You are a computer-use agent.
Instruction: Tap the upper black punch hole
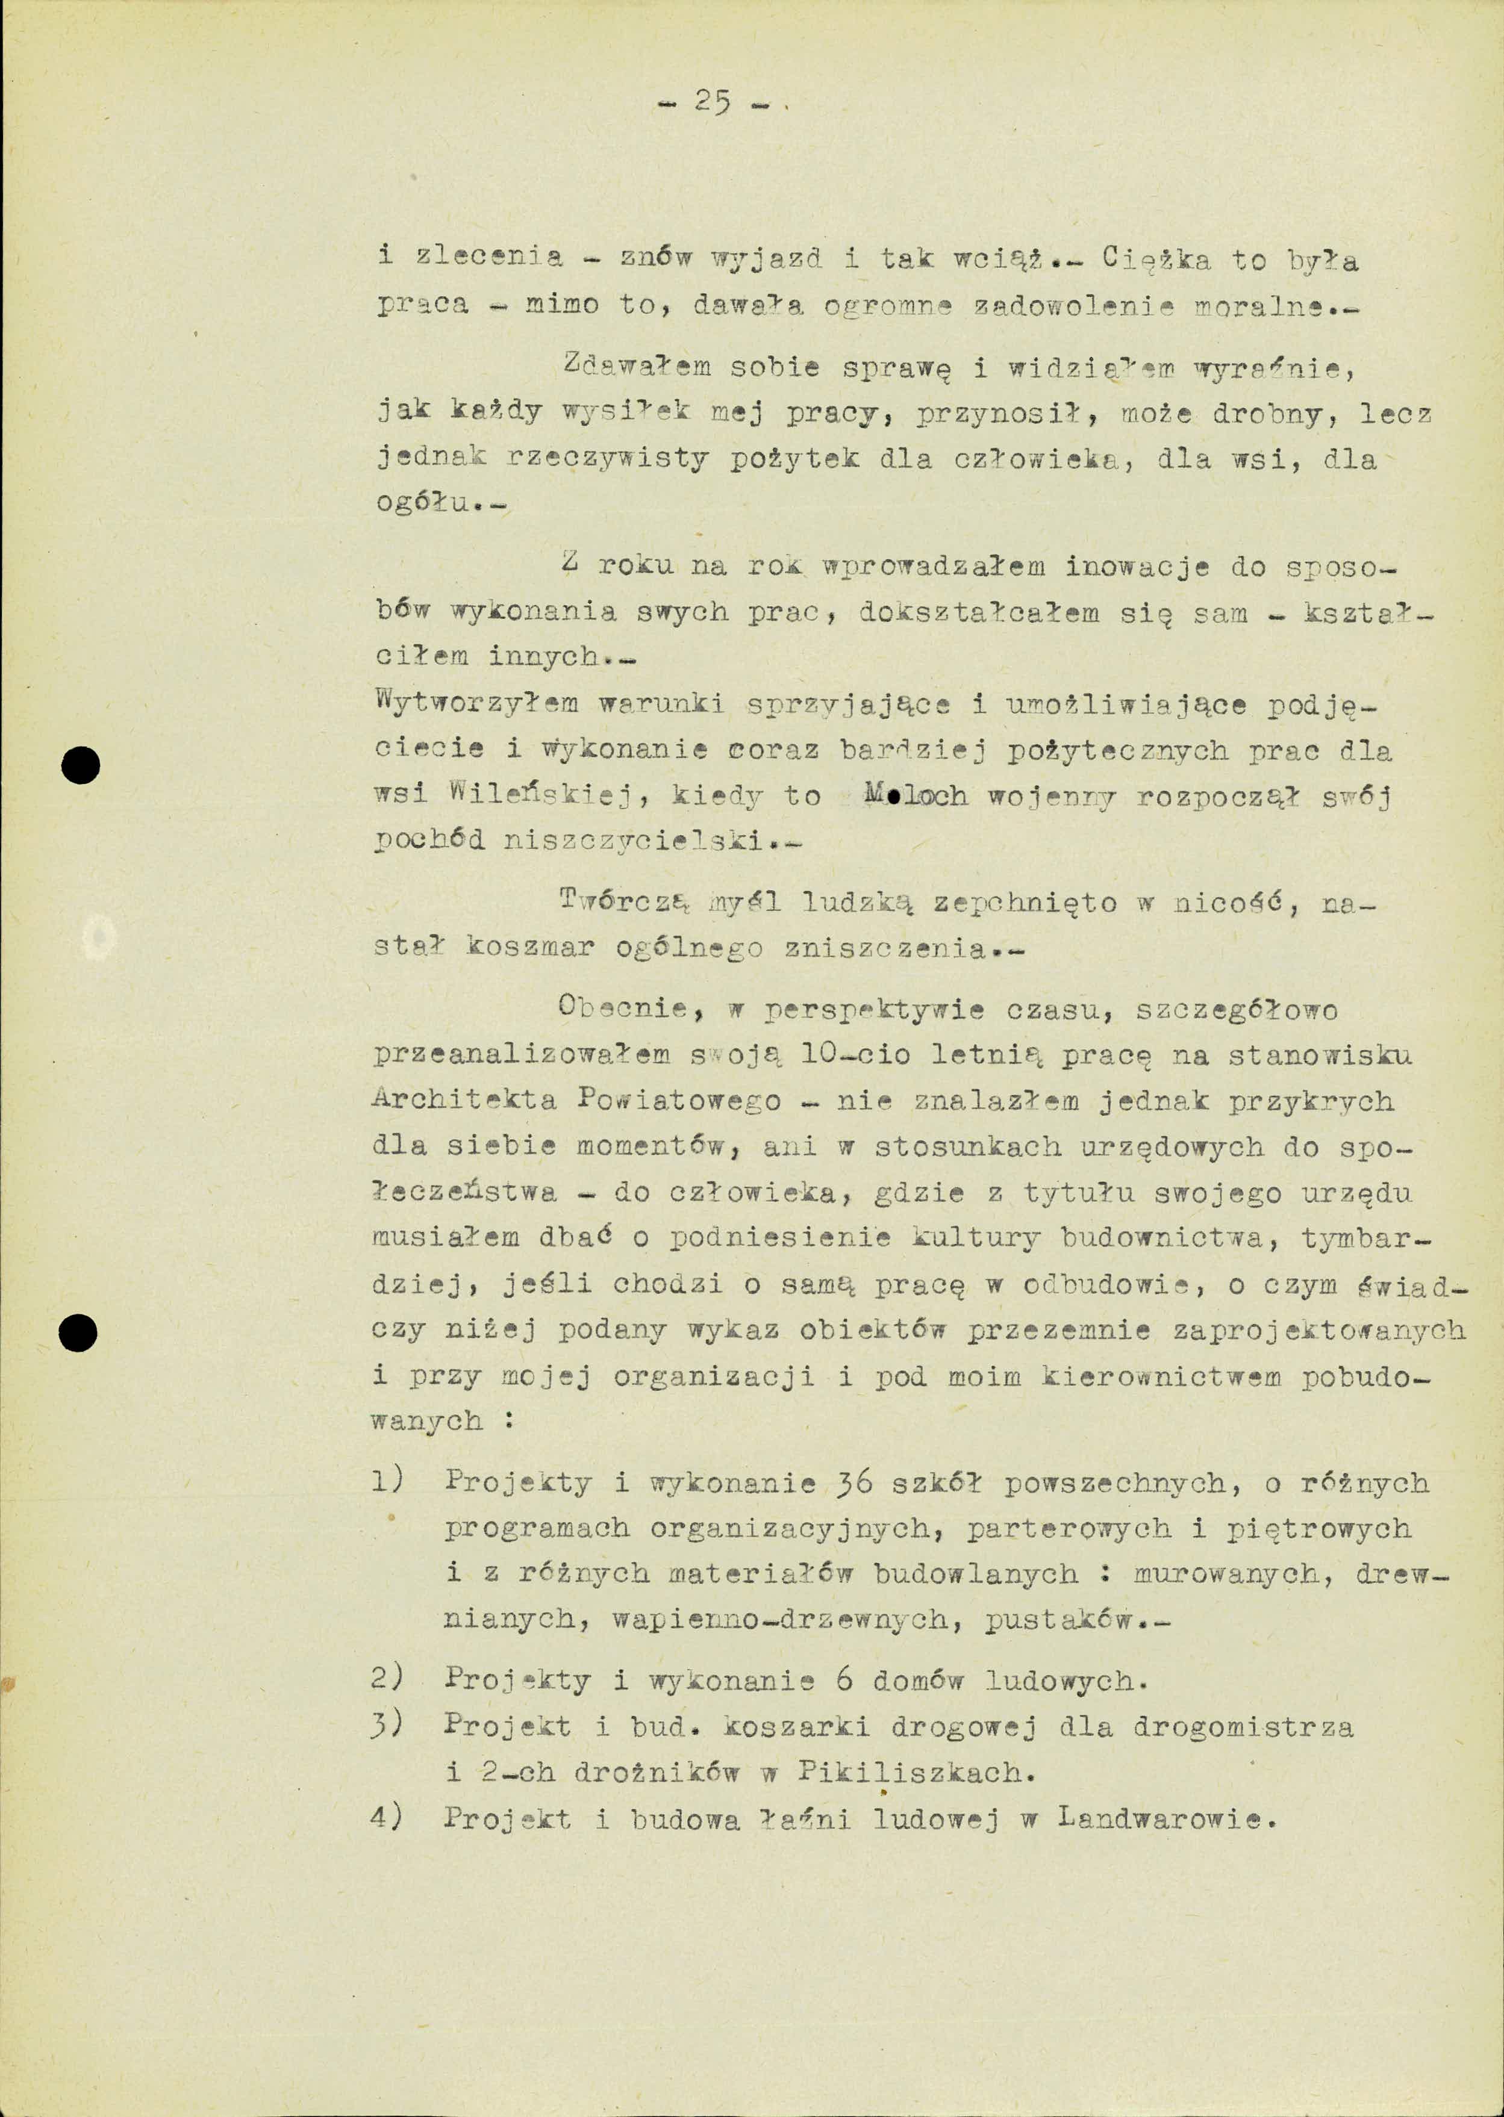[x=81, y=765]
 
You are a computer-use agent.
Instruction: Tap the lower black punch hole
[x=78, y=1334]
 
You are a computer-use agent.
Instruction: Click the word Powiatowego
[x=679, y=1101]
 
